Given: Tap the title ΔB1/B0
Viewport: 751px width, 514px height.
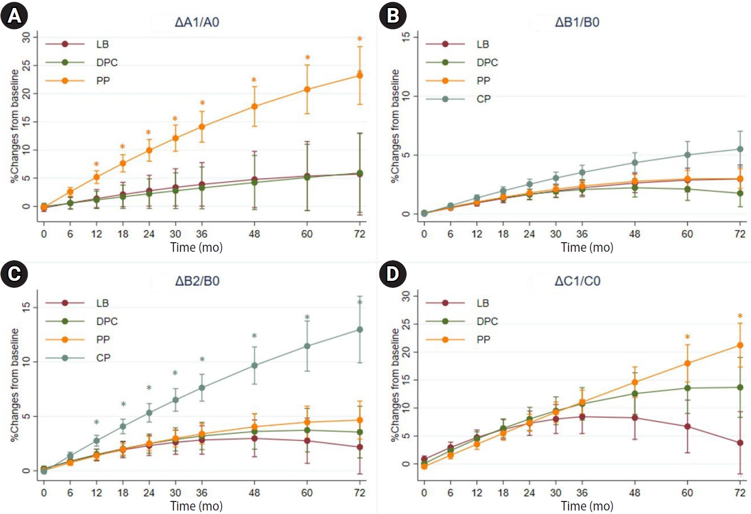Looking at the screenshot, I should point(577,22).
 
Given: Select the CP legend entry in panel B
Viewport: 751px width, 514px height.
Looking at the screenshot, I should point(483,99).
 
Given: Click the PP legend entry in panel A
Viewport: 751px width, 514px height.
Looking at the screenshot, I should point(103,81).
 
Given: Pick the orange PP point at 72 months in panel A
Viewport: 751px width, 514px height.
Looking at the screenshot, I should point(359,75).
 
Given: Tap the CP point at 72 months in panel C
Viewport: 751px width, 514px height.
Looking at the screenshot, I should point(359,329).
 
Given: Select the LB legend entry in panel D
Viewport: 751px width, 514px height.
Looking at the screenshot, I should point(483,303).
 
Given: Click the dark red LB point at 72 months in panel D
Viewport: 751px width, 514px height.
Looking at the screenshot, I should point(740,443).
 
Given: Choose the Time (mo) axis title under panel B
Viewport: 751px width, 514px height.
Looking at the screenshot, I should point(587,247).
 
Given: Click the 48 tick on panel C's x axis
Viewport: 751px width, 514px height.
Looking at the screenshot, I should point(254,492).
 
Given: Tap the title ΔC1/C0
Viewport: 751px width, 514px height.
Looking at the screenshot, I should point(577,281).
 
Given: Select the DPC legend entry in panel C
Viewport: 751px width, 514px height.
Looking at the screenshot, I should point(107,321).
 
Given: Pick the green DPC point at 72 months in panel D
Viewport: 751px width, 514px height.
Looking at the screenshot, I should point(740,387).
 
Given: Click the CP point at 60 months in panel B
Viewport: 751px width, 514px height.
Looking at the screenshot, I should point(687,155).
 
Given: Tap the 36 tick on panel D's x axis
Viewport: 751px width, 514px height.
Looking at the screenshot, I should point(582,492).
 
